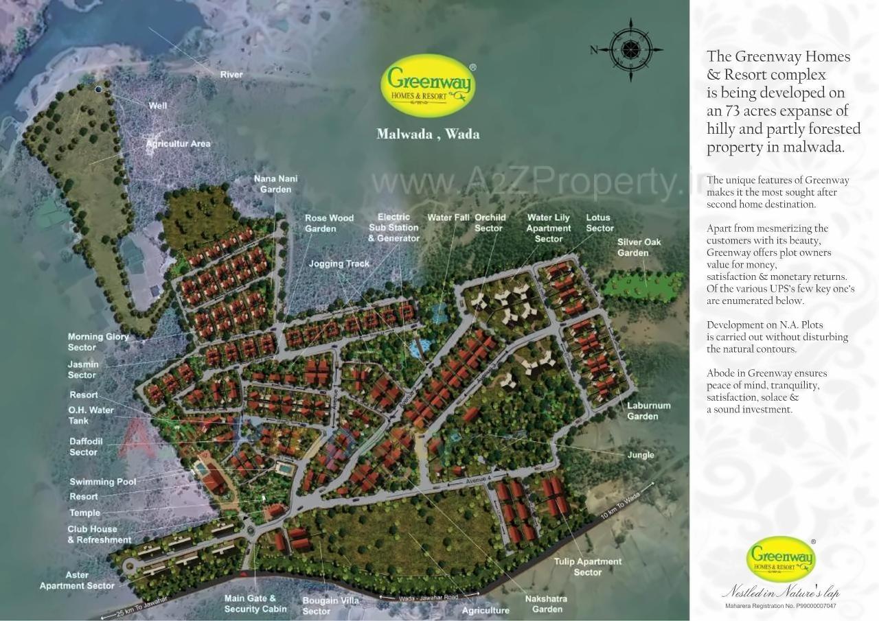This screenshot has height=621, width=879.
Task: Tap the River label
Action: point(231,74)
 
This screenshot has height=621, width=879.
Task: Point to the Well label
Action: point(158,106)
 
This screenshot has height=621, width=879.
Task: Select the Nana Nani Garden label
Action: point(275,184)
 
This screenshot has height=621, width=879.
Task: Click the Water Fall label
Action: point(448,218)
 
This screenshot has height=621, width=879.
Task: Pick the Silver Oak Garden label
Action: point(639,247)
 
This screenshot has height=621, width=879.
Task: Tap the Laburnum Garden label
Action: point(648,410)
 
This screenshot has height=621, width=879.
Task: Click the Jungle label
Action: point(640,455)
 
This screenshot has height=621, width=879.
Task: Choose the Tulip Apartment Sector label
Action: point(588,566)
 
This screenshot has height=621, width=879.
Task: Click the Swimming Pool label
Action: point(103,482)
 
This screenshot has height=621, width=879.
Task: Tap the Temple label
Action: point(84,513)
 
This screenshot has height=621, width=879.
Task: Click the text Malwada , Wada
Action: point(428,134)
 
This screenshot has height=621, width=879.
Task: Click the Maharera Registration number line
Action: point(781,606)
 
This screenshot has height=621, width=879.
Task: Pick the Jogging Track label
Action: point(339,263)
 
